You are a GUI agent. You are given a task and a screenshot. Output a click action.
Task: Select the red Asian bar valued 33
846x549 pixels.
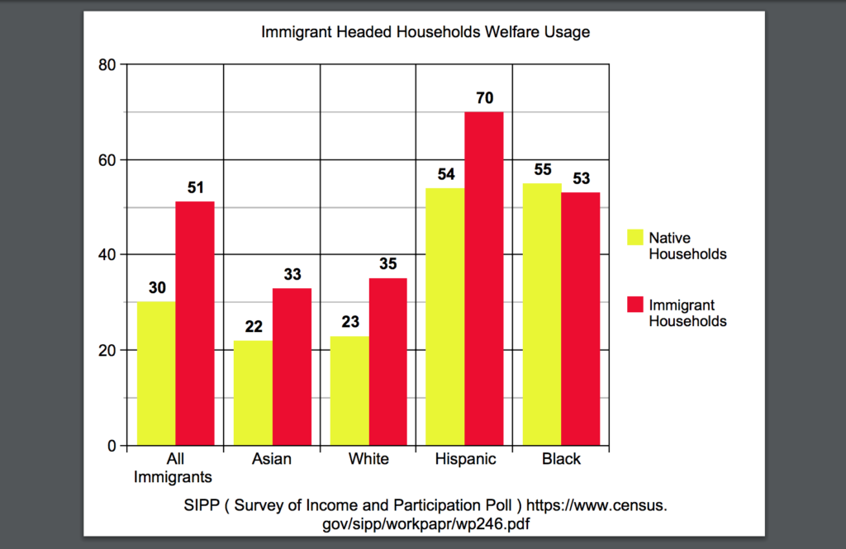tap(292, 367)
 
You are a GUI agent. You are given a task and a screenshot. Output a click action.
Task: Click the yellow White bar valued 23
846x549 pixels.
tap(349, 390)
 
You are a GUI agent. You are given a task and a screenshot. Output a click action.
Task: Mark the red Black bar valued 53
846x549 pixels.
tap(581, 319)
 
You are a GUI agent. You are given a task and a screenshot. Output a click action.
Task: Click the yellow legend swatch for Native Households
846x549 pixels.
tap(634, 237)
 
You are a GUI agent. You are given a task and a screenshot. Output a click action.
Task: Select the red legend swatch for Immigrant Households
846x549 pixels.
tap(634, 305)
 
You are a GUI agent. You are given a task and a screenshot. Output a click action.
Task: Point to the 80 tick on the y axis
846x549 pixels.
tap(106, 64)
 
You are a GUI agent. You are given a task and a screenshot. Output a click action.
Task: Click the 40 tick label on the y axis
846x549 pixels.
tap(106, 255)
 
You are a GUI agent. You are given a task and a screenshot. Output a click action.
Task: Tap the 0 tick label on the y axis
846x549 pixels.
tap(111, 447)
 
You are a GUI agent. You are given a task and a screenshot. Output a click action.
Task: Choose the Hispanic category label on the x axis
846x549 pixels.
tap(465, 460)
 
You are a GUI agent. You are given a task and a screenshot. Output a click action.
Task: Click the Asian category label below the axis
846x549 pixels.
tap(272, 460)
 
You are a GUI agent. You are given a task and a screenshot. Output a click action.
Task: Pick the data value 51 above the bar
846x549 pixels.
tap(195, 187)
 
